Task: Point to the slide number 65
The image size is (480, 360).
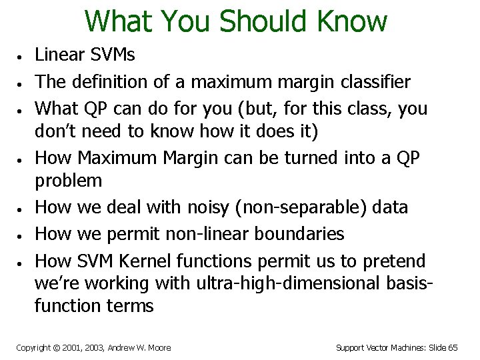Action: tap(452, 347)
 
